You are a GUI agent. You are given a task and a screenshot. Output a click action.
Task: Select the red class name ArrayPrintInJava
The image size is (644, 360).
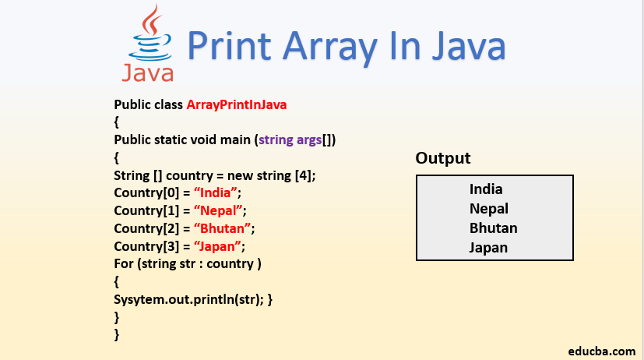(x=242, y=104)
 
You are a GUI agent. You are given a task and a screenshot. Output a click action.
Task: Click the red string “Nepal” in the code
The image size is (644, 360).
(x=220, y=210)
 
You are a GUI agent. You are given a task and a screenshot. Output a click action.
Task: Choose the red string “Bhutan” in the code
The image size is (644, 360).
(x=224, y=228)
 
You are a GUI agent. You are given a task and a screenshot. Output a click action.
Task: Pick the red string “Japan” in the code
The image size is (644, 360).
(x=219, y=246)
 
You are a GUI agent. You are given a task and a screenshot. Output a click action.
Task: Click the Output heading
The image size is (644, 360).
(x=442, y=158)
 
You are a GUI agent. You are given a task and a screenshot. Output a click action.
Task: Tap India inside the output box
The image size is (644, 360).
(x=486, y=189)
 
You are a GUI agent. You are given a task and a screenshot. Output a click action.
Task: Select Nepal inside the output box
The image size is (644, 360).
(x=488, y=208)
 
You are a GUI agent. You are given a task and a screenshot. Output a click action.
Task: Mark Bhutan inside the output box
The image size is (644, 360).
(x=493, y=228)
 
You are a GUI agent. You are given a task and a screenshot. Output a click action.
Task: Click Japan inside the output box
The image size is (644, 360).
(x=488, y=248)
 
